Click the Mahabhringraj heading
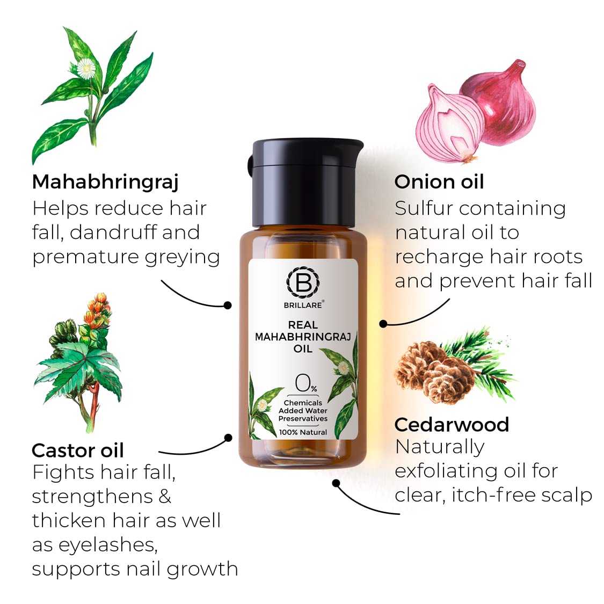tap(105, 182)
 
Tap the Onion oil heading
tap(439, 182)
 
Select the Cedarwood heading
tap(452, 425)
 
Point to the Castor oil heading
tap(78, 450)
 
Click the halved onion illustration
tap(449, 127)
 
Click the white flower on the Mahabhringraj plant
tap(85, 68)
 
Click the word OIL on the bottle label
tap(303, 349)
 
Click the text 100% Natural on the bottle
tap(303, 432)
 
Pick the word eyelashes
tap(94, 544)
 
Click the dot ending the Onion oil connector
tap(383, 324)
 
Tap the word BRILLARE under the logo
tap(303, 304)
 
